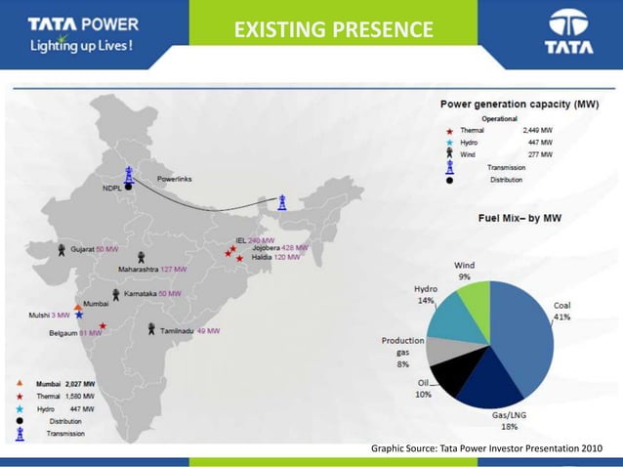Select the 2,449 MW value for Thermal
click(x=537, y=129)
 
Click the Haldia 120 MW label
click(x=273, y=258)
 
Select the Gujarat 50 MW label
click(x=94, y=249)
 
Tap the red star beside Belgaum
click(x=103, y=326)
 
